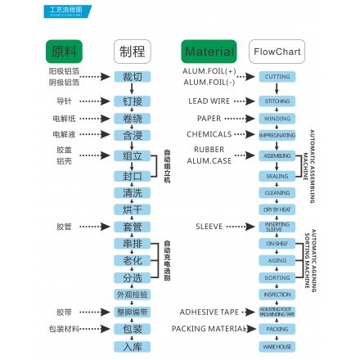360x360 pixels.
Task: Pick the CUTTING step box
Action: [277, 76]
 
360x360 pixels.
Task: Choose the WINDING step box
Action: [277, 118]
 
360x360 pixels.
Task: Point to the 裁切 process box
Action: [132, 76]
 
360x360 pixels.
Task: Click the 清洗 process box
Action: [132, 192]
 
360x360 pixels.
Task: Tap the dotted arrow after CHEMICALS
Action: [246, 133]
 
